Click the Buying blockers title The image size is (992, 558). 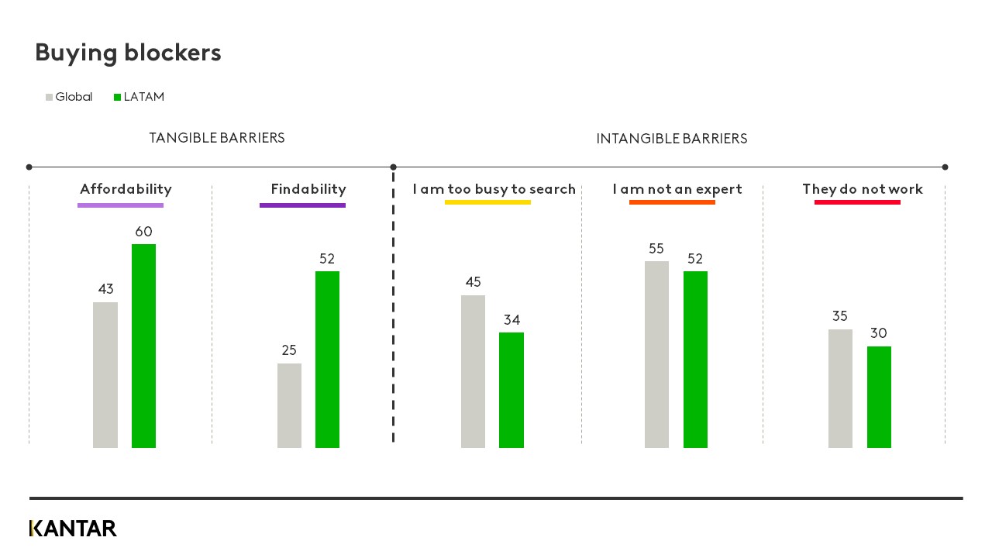(x=128, y=53)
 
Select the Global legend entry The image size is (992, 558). (x=70, y=97)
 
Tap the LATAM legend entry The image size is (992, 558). (x=139, y=97)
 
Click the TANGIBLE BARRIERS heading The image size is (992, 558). (x=217, y=138)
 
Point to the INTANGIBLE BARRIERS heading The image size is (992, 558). (x=671, y=139)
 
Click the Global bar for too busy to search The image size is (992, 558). (x=473, y=371)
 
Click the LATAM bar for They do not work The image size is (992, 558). (x=879, y=397)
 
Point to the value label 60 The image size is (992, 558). (x=143, y=232)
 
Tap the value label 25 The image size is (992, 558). (x=289, y=350)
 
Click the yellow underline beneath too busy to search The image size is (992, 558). (x=487, y=202)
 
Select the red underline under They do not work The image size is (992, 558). (x=857, y=202)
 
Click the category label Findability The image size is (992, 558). (x=308, y=189)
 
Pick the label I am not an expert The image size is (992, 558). (x=677, y=189)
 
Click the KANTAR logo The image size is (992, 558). (x=73, y=529)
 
